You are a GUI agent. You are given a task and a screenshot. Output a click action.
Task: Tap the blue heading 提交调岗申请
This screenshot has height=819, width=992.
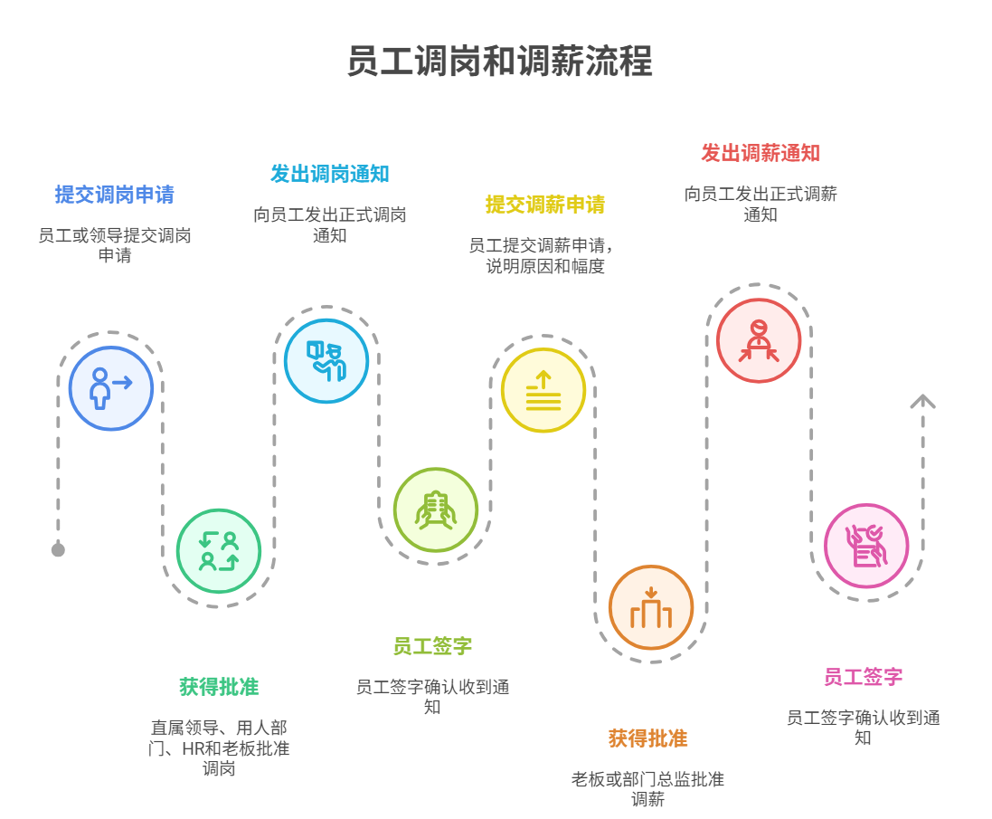pos(114,195)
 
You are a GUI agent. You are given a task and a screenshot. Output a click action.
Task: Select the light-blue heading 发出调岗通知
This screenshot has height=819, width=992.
pos(329,174)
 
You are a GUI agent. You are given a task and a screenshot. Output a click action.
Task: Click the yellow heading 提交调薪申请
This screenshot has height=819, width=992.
pos(544,205)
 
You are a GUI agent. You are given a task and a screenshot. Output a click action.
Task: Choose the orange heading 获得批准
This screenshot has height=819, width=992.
pos(647,738)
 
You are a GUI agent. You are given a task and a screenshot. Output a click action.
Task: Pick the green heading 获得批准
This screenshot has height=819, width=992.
pos(219,687)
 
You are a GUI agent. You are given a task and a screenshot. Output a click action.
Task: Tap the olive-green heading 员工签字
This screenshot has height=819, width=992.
pos(432,646)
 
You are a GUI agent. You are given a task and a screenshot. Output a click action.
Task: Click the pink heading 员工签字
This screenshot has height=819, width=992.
pos(863,677)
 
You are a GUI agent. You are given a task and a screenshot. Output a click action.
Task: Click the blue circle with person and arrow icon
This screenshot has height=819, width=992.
pos(111,388)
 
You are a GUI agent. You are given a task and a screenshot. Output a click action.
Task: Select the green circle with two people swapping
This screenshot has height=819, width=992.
pos(219,550)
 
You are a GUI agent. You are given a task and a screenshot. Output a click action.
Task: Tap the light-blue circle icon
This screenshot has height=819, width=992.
pos(326,361)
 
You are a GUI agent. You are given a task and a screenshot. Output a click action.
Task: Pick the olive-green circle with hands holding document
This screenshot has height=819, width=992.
pos(435,510)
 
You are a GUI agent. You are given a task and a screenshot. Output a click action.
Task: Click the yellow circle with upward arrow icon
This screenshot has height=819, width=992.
pos(543,390)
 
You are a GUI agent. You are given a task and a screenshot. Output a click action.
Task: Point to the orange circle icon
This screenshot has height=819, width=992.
pos(651,607)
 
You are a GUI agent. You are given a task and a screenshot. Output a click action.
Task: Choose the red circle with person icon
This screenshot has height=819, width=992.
pos(759,341)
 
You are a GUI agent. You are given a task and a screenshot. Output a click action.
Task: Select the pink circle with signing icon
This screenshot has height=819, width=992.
pos(866,546)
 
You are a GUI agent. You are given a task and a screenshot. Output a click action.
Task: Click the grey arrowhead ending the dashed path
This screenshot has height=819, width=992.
pos(922,402)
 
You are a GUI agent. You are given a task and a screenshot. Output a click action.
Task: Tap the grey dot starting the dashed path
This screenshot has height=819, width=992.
pos(58,550)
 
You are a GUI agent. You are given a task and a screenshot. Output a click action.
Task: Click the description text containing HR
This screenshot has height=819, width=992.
pos(219,748)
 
